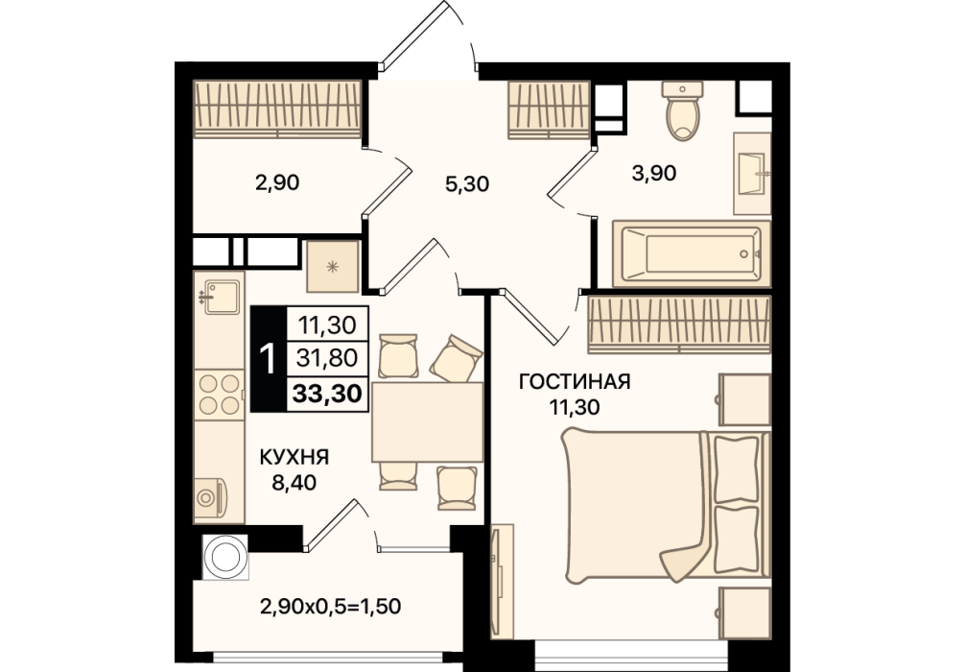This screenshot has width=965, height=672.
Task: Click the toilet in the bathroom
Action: tap(682, 110)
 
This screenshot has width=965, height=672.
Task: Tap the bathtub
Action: tap(691, 253)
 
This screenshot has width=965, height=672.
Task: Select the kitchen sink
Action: tap(222, 298)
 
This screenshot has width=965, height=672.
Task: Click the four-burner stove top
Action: tap(219, 395)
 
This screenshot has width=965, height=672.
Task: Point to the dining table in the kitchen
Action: tap(427, 421)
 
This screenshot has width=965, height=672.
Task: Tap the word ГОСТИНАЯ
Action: tap(575, 382)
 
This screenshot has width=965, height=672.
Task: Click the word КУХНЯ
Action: tap(294, 457)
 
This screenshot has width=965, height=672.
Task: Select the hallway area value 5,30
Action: tap(467, 183)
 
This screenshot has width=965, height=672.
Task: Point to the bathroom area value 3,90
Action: tap(654, 173)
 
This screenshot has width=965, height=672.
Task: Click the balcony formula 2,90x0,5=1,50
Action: tap(331, 607)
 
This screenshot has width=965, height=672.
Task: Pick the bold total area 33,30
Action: tap(327, 393)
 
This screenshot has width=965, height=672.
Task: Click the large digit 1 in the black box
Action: tap(268, 359)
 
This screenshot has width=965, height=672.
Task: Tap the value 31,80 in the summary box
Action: tap(327, 357)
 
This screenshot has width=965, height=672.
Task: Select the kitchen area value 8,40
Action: tap(294, 482)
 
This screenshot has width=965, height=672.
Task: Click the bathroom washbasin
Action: tap(752, 175)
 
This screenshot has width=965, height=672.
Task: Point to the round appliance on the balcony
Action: tap(225, 557)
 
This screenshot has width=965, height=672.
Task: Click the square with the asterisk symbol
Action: tap(332, 266)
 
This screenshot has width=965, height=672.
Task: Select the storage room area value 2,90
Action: tap(277, 183)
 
